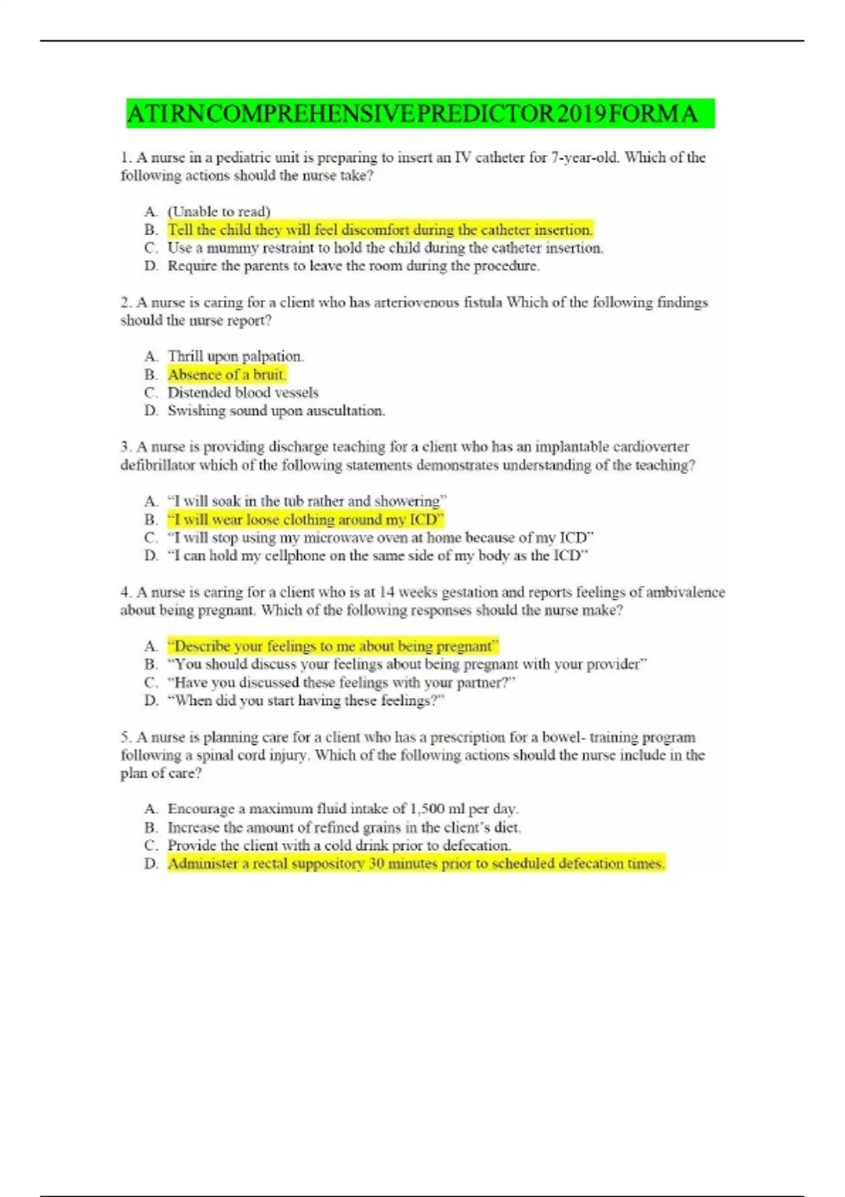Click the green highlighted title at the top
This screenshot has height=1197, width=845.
[x=420, y=113]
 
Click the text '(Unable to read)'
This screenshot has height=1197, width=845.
[x=219, y=211]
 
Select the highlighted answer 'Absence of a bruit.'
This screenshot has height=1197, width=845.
[x=227, y=375]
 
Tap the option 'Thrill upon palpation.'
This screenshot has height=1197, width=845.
[x=235, y=356]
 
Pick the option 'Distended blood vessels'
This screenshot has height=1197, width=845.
[x=243, y=393]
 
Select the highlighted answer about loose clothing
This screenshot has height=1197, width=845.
[x=306, y=520]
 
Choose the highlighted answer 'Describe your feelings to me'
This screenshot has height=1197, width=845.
[x=332, y=646]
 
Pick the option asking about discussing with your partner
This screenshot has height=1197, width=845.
[x=342, y=682]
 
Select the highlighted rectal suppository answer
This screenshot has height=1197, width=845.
[x=415, y=863]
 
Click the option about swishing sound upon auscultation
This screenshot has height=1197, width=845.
[x=276, y=411]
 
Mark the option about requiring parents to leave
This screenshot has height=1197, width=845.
[x=353, y=266]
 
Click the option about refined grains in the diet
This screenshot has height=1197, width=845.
[x=344, y=827]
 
